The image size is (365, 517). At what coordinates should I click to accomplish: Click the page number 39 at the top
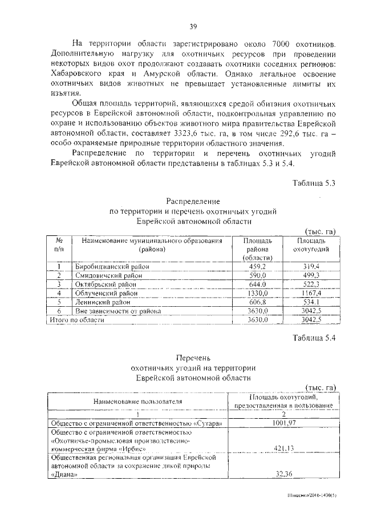(x=193, y=26)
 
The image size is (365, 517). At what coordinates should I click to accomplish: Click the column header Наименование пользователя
(x=137, y=402)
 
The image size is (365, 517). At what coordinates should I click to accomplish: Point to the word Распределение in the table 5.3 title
(x=193, y=202)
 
